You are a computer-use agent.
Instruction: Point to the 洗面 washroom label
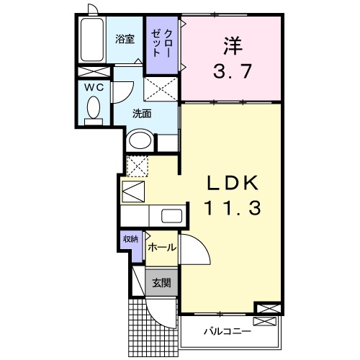click(141, 114)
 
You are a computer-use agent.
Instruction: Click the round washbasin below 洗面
click(139, 140)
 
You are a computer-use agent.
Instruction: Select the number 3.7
click(230, 71)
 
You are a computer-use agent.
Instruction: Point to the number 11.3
click(230, 209)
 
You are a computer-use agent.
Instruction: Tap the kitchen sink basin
click(172, 216)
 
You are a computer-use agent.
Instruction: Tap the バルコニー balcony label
click(226, 332)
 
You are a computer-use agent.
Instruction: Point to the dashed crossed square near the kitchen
click(137, 166)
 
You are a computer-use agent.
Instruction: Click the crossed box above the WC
click(94, 72)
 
